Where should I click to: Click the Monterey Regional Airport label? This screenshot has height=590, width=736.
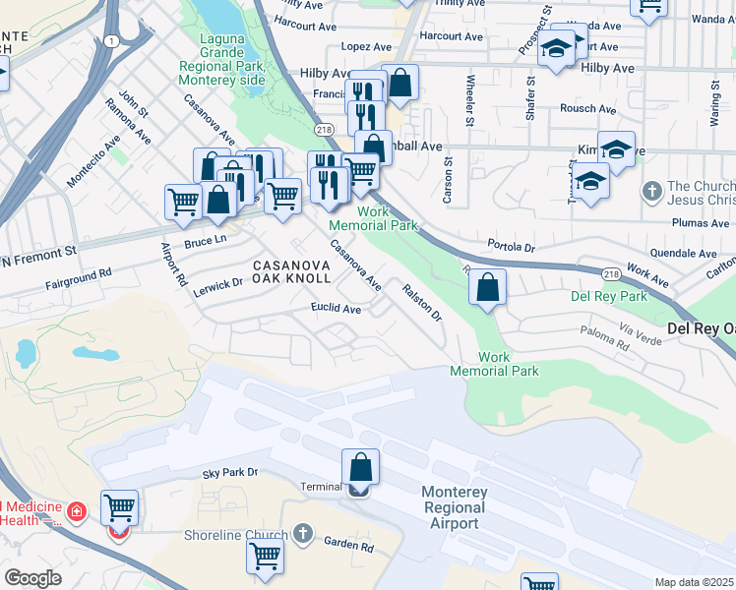click(453, 507)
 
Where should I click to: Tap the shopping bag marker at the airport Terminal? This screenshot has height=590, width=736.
click(360, 467)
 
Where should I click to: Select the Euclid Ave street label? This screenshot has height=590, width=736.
click(337, 309)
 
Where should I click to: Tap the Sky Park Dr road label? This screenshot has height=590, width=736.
click(229, 473)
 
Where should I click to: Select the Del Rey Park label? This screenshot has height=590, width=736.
click(609, 296)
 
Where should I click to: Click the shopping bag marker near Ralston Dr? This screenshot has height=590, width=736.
click(487, 287)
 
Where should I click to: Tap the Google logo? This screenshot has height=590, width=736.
click(32, 578)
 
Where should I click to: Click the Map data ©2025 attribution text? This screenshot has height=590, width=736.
click(694, 582)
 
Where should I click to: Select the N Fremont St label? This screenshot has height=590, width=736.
click(39, 254)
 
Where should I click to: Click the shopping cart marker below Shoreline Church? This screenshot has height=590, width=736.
click(266, 556)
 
